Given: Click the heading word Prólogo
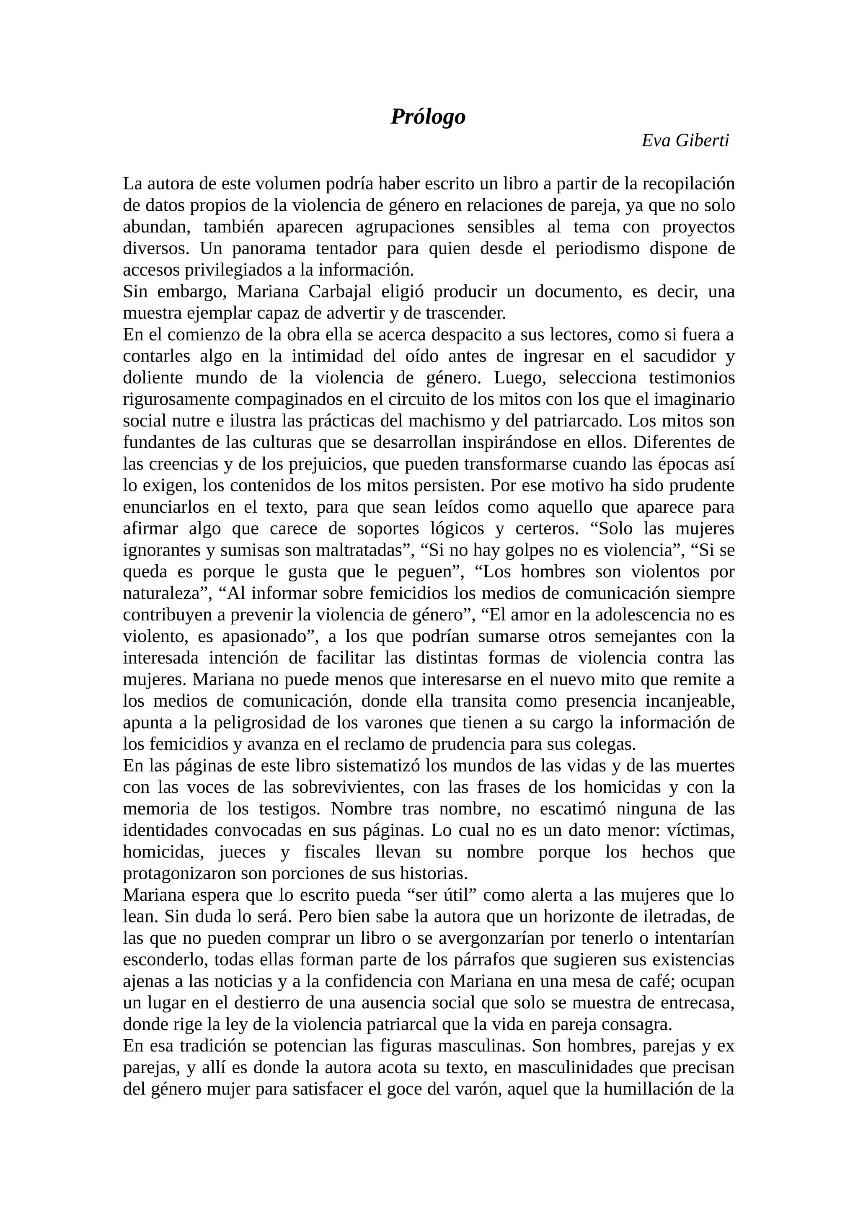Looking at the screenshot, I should [428, 117].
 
